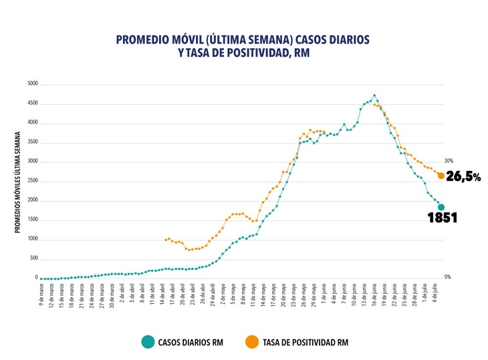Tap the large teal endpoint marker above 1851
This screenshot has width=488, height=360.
tap(441, 207)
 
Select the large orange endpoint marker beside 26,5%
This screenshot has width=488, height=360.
tap(441, 176)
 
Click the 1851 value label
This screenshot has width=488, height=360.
tap(442, 218)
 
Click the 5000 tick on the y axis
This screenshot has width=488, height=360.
tap(32, 85)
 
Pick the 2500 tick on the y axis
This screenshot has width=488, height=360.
tap(32, 182)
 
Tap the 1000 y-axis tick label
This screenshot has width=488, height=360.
tap(32, 239)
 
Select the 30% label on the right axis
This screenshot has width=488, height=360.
tap(449, 161)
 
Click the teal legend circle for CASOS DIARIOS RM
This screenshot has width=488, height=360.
tap(148, 342)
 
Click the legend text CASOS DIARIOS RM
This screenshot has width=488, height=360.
tap(191, 343)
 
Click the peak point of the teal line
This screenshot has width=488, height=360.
tap(374, 96)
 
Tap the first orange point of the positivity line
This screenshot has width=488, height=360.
tap(165, 239)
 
